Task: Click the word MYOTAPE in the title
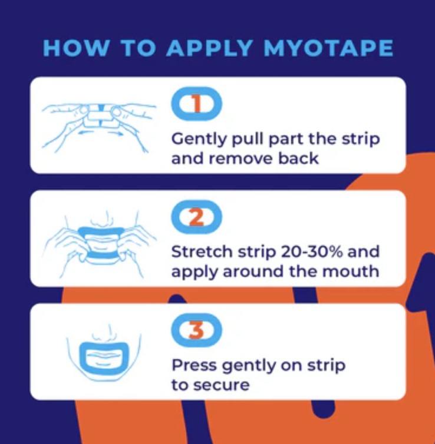click(x=328, y=48)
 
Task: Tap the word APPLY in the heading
click(x=209, y=48)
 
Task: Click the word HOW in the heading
click(x=76, y=48)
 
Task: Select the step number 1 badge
click(x=197, y=104)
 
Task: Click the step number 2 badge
click(x=197, y=217)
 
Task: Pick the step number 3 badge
click(x=197, y=330)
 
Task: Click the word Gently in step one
click(x=199, y=140)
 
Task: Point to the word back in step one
click(x=298, y=158)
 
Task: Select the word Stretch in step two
click(x=202, y=251)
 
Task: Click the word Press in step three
click(x=194, y=365)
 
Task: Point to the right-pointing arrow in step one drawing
click(x=116, y=133)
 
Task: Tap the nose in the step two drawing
click(x=103, y=220)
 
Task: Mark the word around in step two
click(x=253, y=271)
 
